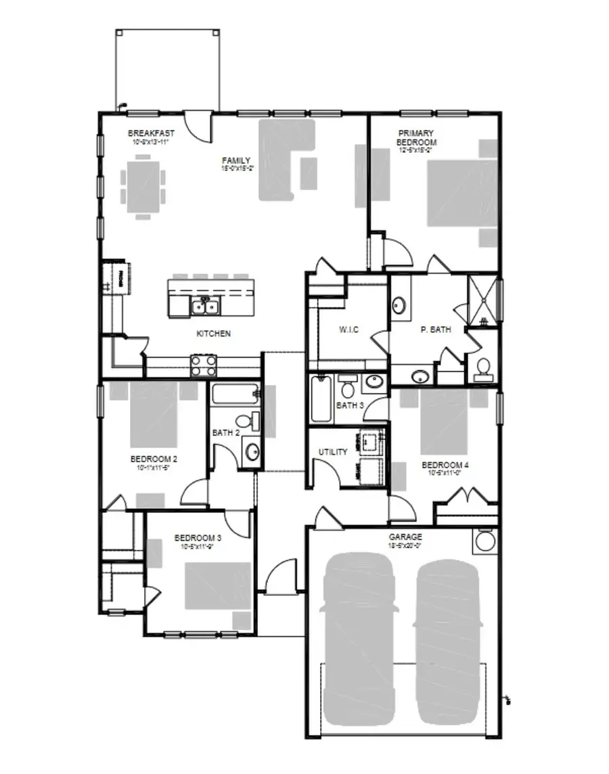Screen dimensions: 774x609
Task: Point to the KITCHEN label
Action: pyautogui.click(x=213, y=334)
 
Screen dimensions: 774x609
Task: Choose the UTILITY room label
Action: pyautogui.click(x=333, y=452)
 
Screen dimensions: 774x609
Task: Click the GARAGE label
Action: pyautogui.click(x=405, y=537)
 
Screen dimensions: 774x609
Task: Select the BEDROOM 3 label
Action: pyautogui.click(x=198, y=538)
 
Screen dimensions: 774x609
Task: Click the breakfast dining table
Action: pyautogui.click(x=143, y=186)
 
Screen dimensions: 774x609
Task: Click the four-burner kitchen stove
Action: pyautogui.click(x=203, y=365)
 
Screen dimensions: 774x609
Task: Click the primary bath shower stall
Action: pyautogui.click(x=483, y=298)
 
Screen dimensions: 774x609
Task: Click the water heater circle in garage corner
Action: pyautogui.click(x=483, y=541)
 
